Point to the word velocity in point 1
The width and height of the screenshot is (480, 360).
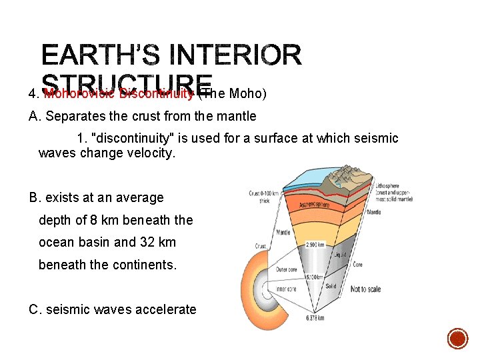(153, 153)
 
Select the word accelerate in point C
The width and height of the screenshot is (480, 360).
(163, 309)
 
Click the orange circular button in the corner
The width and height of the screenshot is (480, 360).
(457, 339)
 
